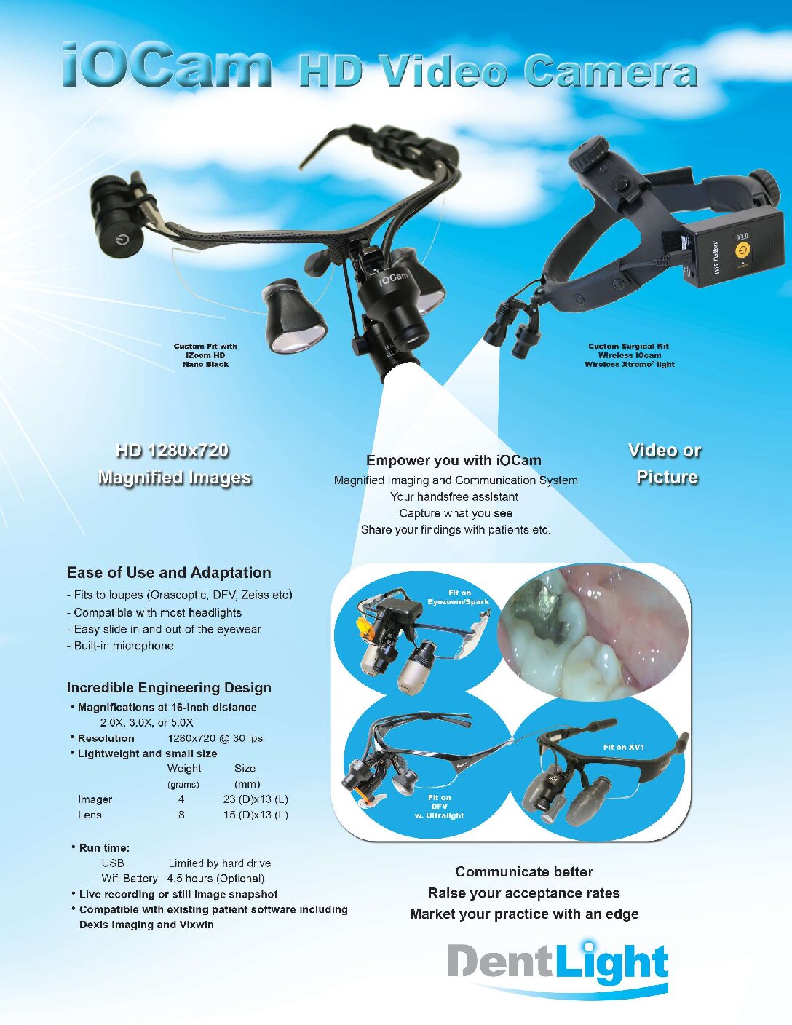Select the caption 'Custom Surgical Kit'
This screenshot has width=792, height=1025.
(629, 347)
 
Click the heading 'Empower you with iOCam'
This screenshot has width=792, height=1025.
(454, 460)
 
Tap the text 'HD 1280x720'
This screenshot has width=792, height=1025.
(173, 451)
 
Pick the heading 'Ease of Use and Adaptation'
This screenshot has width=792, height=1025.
(169, 573)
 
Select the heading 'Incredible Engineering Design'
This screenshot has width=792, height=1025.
(169, 688)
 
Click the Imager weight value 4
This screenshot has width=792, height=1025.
(181, 799)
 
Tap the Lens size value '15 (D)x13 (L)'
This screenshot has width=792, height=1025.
(256, 815)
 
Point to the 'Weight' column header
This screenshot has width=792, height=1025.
(184, 769)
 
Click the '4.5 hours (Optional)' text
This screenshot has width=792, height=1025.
(215, 878)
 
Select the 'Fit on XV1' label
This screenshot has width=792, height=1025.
(624, 747)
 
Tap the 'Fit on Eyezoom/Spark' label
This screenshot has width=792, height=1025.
(459, 597)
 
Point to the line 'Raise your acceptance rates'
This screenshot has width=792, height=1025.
(524, 893)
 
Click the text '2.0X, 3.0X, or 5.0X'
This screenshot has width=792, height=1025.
(147, 723)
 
